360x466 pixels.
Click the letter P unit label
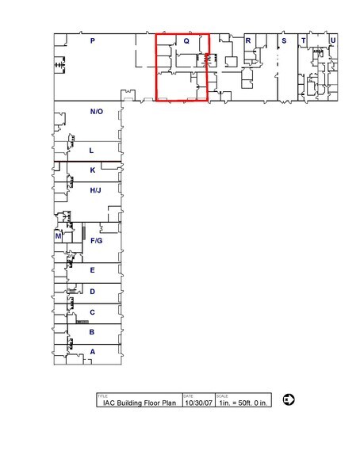click(x=93, y=40)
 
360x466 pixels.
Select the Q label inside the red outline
click(x=186, y=40)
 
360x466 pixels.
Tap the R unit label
click(x=248, y=40)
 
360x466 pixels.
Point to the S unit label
click(x=283, y=40)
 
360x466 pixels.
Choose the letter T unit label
click(x=303, y=40)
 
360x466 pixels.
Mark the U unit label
click(x=332, y=40)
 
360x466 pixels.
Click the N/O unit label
click(x=96, y=112)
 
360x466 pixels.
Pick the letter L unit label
click(x=92, y=150)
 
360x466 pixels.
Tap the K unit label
click(x=93, y=170)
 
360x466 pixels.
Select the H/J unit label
click(x=95, y=190)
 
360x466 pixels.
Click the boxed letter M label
click(x=59, y=236)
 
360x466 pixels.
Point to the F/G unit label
click(x=97, y=240)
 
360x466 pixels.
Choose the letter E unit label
click(x=93, y=270)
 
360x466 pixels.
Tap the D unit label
click(x=93, y=292)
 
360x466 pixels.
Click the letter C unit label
click(x=93, y=312)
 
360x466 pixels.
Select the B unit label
click(x=93, y=332)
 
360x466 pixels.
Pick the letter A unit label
click(x=93, y=351)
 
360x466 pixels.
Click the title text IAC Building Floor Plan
click(x=138, y=403)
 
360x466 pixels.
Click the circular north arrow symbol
click(x=289, y=399)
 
